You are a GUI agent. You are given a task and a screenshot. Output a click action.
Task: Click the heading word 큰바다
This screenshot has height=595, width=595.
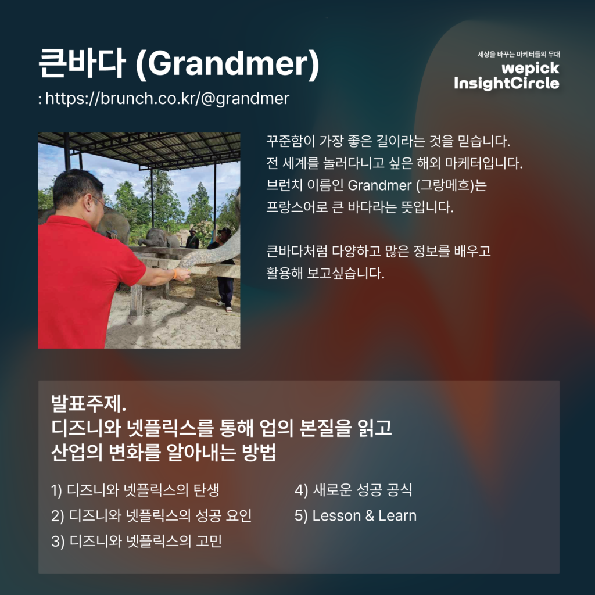[x=81, y=63]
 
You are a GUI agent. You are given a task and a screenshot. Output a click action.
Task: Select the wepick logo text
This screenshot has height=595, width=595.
[x=531, y=69]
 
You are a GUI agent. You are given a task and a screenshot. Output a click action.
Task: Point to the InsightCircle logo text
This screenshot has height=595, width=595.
[x=507, y=84]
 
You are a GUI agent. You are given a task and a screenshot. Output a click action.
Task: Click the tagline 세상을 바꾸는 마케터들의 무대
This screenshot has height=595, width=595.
[x=519, y=54]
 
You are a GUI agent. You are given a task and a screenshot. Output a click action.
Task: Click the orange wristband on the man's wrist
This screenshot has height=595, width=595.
[x=175, y=274]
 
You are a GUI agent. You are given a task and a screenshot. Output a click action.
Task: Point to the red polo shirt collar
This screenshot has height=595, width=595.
[x=72, y=223]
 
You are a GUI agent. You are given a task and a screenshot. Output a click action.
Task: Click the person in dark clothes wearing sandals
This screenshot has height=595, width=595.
[x=224, y=270]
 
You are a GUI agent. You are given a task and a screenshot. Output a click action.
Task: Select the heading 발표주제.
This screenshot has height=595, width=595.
[x=88, y=403]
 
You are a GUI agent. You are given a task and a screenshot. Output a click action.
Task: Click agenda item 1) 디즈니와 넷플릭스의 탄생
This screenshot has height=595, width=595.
[x=135, y=490]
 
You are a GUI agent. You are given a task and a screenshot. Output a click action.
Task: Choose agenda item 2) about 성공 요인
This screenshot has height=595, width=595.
[x=152, y=516]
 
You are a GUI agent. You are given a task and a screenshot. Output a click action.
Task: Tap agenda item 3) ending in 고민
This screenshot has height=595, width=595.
[x=137, y=541]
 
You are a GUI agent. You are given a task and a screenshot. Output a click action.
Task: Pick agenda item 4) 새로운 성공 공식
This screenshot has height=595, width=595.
[x=353, y=490]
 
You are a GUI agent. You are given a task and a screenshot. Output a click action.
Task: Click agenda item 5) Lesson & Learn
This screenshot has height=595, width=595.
[x=356, y=516]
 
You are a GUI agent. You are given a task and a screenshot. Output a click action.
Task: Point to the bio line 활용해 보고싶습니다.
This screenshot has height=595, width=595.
[x=325, y=273]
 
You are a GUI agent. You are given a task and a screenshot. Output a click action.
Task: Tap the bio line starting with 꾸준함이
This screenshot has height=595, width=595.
[x=388, y=141]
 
